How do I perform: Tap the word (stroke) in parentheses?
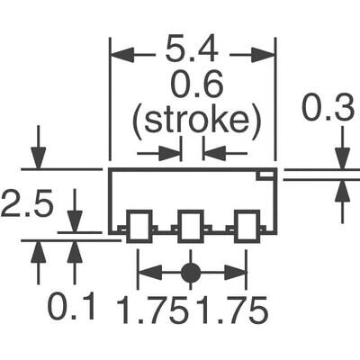[191, 119]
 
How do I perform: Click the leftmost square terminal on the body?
[138, 226]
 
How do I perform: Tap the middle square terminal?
[190, 226]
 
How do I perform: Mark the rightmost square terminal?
[245, 226]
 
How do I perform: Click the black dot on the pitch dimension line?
[190, 271]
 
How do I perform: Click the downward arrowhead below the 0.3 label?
[342, 158]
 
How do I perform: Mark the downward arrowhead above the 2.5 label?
[39, 158]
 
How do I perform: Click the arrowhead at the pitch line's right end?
[238, 271]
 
